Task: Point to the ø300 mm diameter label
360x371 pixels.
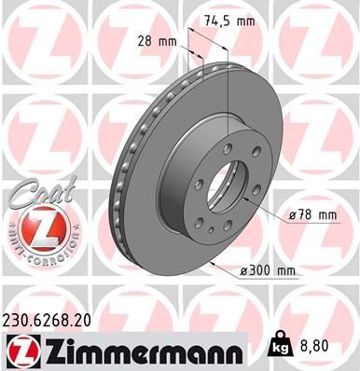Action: [268, 271]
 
